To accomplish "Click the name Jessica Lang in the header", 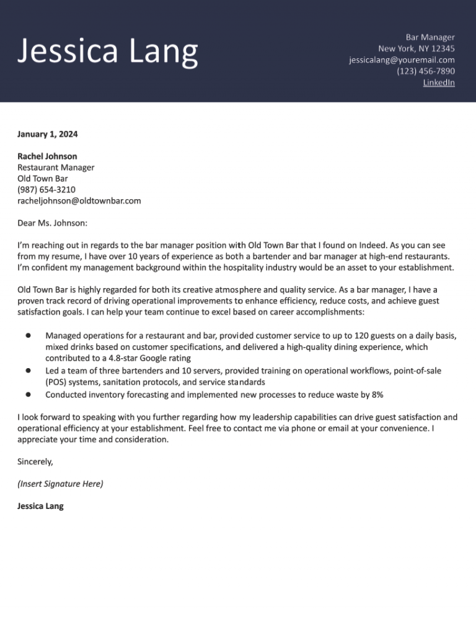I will (108, 52).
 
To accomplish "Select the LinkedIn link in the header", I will (439, 83).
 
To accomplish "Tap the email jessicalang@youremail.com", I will (402, 60).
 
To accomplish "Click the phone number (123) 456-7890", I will (425, 71).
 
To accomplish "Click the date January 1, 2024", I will (48, 134).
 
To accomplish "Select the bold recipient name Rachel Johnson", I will (47, 156).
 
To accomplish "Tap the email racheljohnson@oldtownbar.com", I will (79, 200).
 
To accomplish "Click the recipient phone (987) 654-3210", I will (46, 189).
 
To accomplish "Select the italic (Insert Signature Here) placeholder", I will (60, 484).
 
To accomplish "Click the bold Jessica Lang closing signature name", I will (40, 506).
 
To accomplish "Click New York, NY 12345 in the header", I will (416, 48).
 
